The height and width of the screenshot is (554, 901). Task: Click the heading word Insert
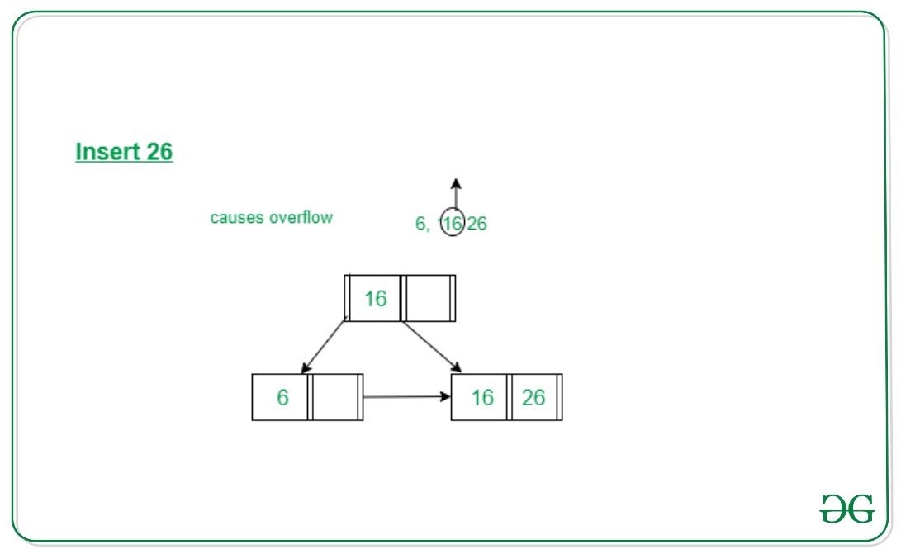point(107,152)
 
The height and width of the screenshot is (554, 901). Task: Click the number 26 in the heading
point(159,152)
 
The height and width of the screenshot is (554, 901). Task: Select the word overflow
point(301,217)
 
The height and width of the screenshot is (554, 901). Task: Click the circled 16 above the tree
point(453,223)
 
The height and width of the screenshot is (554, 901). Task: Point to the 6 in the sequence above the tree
point(420,223)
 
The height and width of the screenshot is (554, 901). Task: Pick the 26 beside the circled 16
point(477,223)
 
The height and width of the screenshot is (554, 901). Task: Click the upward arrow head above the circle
point(456,184)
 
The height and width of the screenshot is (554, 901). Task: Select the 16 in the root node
point(375,299)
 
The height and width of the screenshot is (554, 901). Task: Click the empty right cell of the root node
point(429,298)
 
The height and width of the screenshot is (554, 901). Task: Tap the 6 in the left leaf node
point(282,397)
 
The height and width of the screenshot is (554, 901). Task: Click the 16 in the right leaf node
point(482,397)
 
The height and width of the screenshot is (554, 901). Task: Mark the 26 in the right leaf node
point(533,397)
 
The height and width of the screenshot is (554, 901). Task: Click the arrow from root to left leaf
point(323,347)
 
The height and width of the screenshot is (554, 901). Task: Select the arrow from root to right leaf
point(432,347)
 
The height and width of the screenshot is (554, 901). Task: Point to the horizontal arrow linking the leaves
point(407,396)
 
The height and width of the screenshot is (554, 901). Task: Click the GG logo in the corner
point(847,509)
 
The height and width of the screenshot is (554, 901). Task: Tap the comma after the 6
point(428,229)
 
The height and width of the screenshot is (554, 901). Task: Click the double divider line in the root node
point(403,298)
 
